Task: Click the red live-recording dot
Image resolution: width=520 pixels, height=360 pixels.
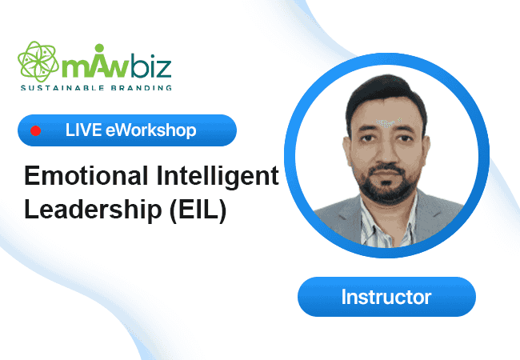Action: pos(35,130)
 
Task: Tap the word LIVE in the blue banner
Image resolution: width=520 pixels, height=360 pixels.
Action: pos(83,130)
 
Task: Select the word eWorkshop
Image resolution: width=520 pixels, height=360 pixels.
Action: pos(151,130)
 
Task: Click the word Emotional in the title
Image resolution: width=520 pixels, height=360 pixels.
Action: pos(86,176)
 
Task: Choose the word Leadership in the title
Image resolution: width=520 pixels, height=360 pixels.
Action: pos(93,210)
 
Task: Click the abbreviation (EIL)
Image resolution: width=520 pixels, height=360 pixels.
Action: pos(198,210)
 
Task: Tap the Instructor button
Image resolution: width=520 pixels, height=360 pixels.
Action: pos(386,297)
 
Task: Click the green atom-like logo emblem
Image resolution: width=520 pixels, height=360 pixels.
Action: pos(38,62)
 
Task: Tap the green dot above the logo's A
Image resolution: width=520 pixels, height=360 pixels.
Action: pos(99,48)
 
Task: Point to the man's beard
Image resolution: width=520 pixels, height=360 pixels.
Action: pos(386,184)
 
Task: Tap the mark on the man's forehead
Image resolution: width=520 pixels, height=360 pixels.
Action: pos(386,123)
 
